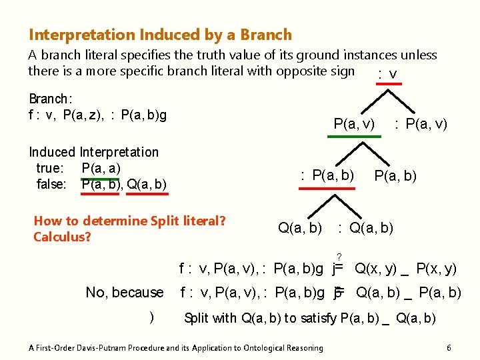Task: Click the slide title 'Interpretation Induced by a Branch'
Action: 160,35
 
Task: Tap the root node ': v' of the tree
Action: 387,74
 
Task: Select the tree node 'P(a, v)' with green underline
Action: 354,123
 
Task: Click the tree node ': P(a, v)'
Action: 421,123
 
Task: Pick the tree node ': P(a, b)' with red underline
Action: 327,175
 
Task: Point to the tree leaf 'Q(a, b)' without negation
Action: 300,228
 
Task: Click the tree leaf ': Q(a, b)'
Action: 366,228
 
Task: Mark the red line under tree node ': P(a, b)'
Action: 327,189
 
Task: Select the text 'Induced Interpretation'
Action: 94,152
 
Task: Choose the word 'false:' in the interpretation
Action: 52,183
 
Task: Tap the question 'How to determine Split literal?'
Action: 129,221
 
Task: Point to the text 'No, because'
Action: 125,292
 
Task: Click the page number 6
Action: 449,347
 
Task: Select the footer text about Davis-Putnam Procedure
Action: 176,347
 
